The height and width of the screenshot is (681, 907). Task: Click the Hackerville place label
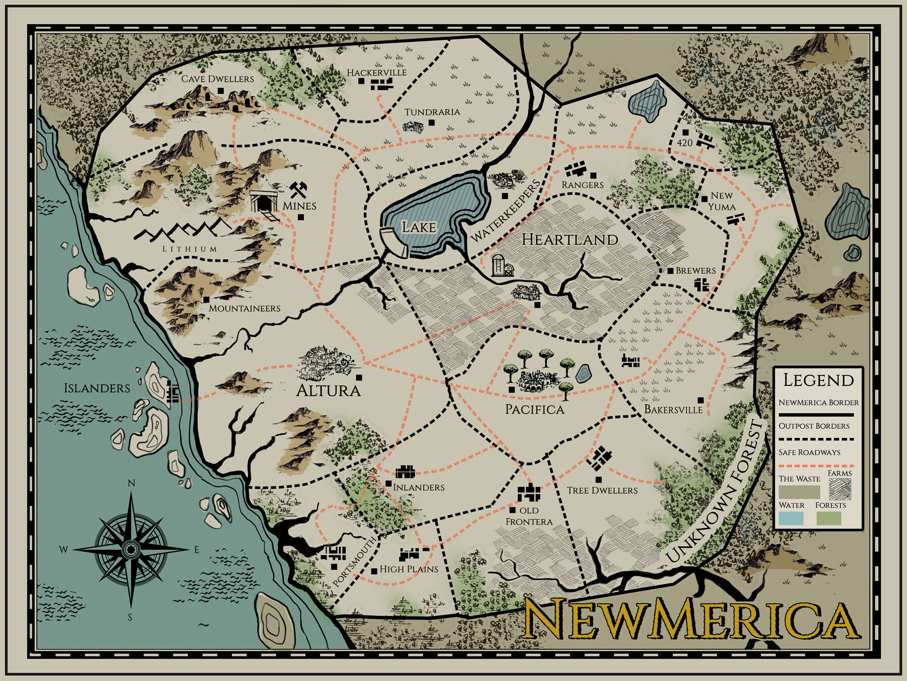coord(376,73)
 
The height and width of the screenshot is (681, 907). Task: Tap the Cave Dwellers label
coord(217,79)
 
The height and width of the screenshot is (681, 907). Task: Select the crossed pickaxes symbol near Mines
coord(298,190)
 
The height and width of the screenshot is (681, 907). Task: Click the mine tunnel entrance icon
coord(264,202)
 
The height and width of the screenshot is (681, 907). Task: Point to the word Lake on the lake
coord(418,228)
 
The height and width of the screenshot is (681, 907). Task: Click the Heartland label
coord(569,240)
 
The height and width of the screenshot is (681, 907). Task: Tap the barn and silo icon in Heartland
coord(502,265)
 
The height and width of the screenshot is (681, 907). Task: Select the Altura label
coord(328,390)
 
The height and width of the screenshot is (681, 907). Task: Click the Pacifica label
coord(535,409)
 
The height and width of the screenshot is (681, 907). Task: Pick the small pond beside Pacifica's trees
coord(583,374)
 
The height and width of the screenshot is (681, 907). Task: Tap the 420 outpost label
coord(684,143)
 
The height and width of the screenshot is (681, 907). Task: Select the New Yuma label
coord(722,201)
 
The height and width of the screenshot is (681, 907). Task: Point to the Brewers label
coord(695,271)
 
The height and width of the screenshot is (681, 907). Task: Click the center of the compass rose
coord(131,549)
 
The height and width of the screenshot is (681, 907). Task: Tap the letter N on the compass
coord(132,483)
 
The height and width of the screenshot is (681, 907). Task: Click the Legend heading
coord(818,380)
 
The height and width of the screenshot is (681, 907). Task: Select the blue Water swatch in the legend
coord(791,518)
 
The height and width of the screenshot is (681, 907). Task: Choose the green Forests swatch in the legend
coord(828,518)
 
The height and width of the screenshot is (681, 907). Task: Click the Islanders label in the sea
coord(97,388)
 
